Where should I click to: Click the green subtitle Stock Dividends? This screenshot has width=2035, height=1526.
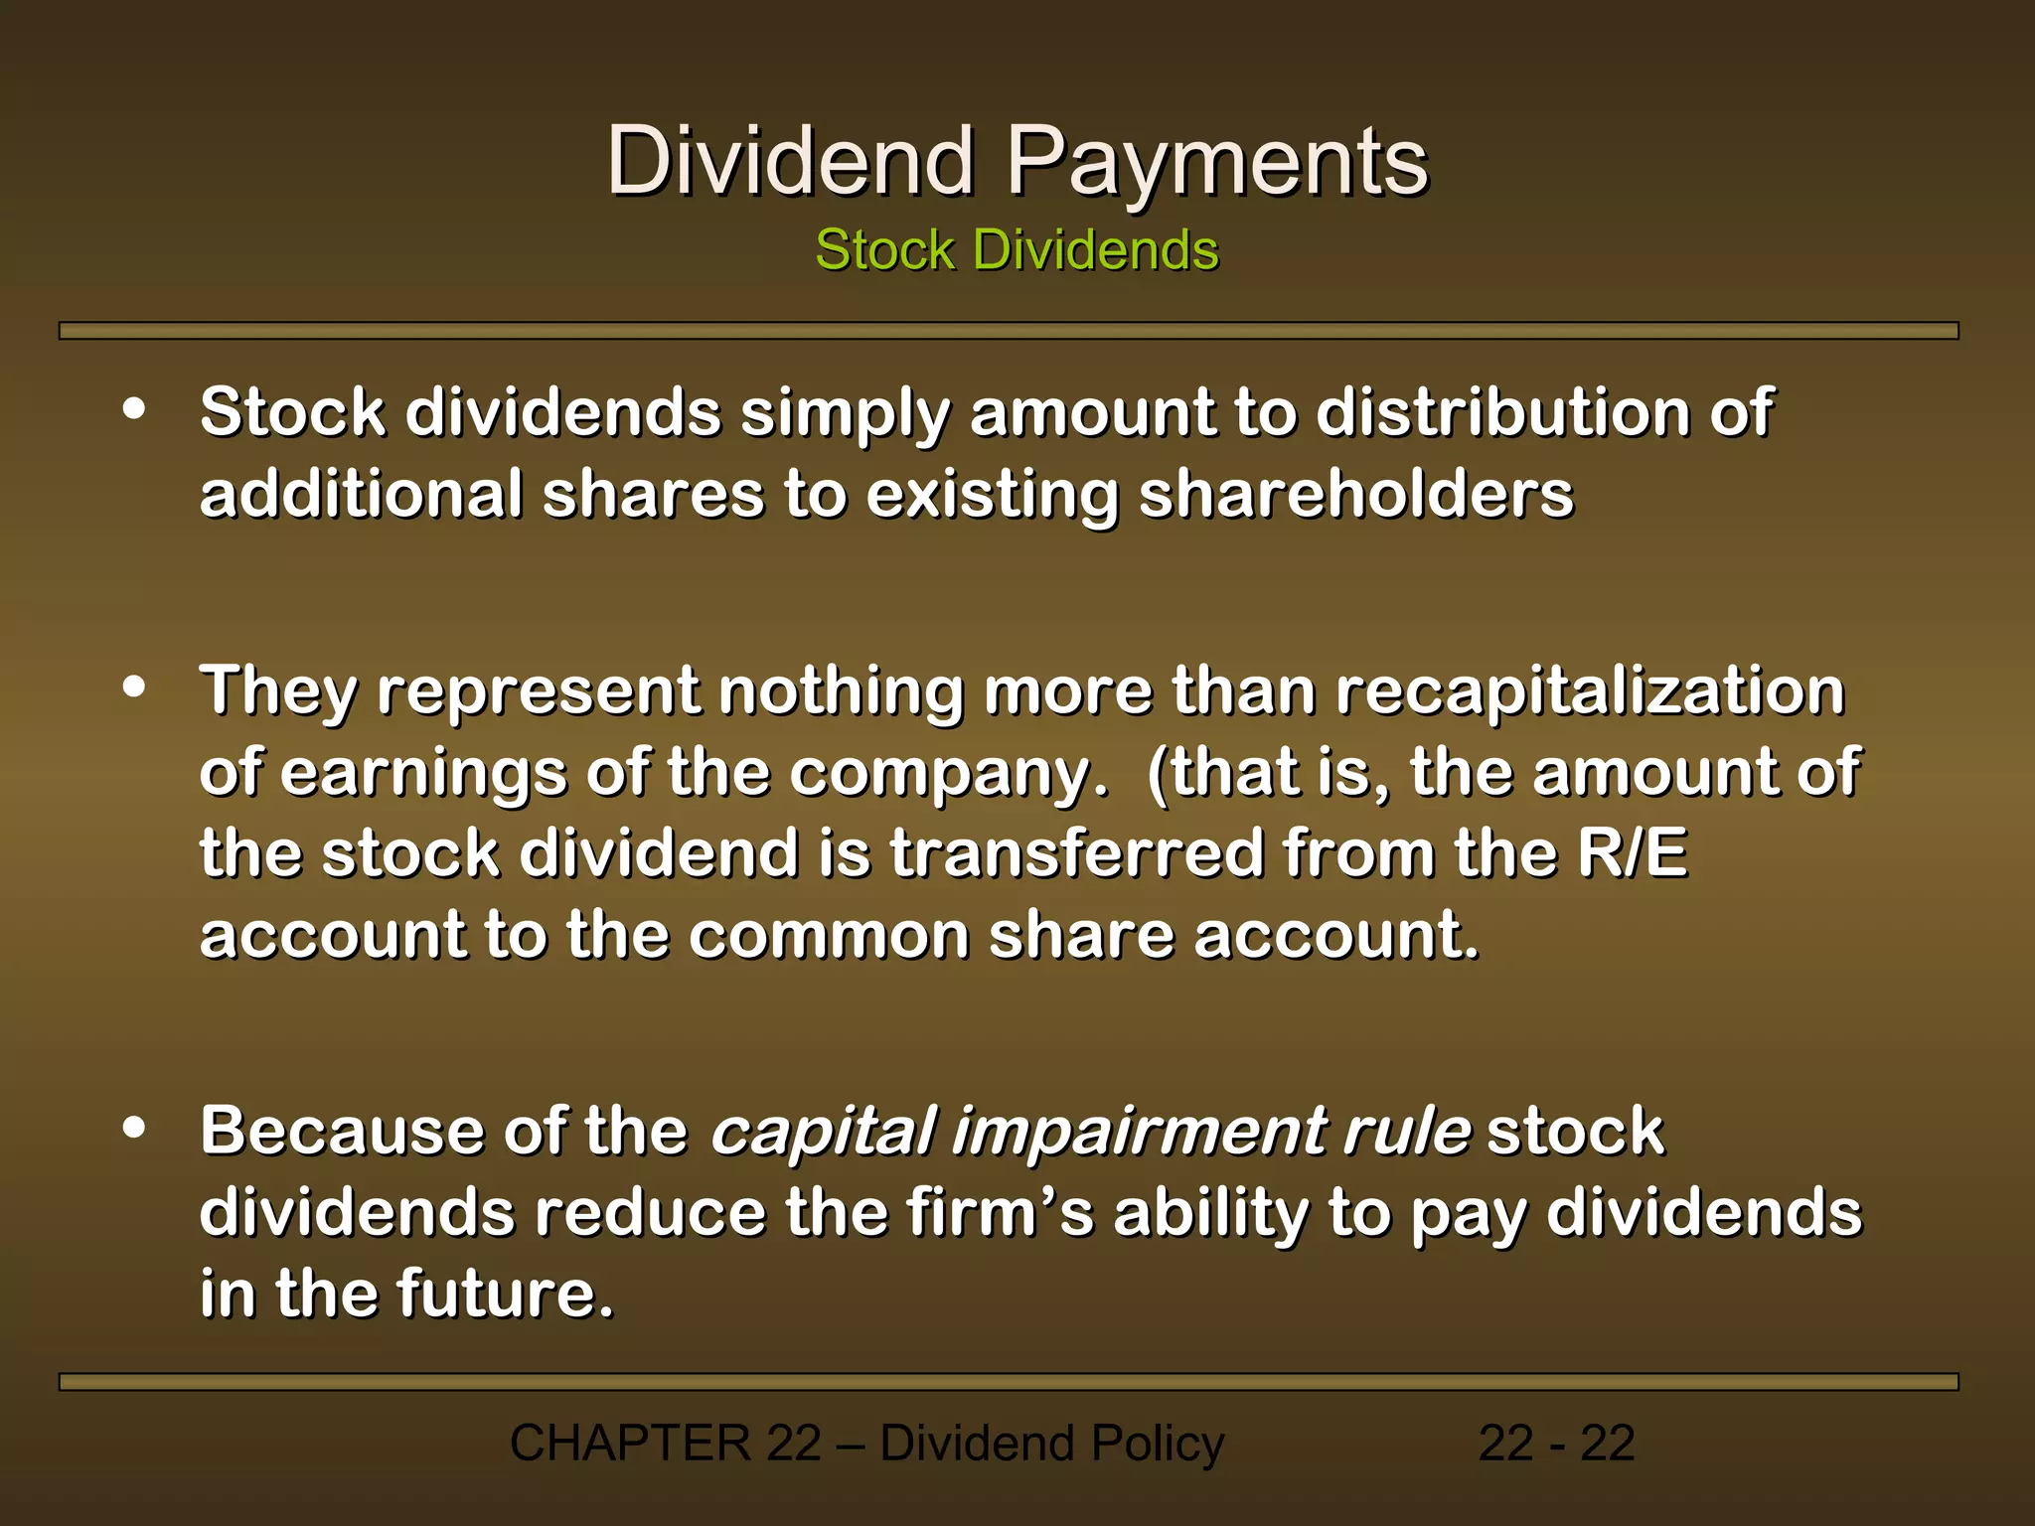(x=1017, y=249)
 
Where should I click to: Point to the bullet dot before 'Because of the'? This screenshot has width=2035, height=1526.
(x=134, y=1128)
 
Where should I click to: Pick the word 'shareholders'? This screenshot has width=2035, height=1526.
(x=1355, y=495)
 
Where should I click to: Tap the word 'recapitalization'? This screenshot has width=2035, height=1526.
(x=1590, y=691)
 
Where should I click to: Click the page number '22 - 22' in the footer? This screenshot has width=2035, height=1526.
(x=1556, y=1444)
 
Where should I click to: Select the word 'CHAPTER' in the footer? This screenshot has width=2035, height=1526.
(x=630, y=1444)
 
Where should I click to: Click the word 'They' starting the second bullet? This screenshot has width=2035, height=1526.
(x=278, y=691)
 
